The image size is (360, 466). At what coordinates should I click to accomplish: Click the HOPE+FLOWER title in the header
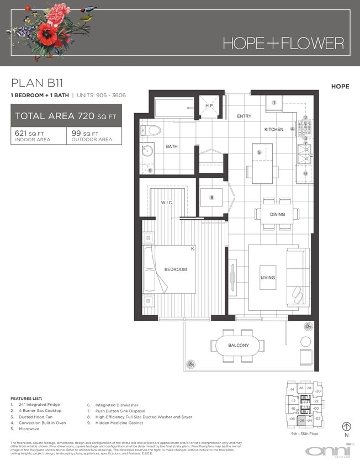point(283,43)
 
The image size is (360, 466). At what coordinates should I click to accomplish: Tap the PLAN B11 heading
point(37,83)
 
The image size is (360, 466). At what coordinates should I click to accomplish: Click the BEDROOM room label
point(176,269)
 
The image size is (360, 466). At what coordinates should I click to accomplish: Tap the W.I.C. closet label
point(167,202)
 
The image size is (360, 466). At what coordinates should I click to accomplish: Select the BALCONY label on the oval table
point(239,346)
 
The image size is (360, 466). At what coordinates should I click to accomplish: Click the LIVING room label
point(268,277)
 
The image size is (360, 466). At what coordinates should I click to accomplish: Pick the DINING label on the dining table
point(277,214)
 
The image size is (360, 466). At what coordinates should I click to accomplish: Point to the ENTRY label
point(244,116)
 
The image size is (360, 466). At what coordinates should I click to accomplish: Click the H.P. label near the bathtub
point(209,106)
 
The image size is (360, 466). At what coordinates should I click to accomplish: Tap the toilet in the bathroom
point(151,130)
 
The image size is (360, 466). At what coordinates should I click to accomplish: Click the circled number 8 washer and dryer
point(211,198)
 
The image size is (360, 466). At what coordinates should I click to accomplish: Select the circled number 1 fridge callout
point(274,102)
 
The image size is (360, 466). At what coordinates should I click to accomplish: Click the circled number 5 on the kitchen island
point(258,152)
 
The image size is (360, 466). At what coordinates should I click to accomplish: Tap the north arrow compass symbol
point(347,426)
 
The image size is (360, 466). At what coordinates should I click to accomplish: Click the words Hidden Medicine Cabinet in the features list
point(119,423)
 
